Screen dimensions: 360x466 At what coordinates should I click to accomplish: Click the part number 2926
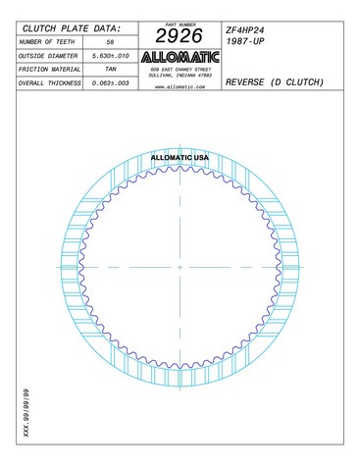(x=180, y=35)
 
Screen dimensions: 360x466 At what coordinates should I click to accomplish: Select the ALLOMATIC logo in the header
(x=180, y=58)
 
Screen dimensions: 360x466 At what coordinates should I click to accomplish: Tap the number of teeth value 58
(x=110, y=42)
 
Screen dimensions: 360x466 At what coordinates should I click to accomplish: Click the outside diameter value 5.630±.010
(x=111, y=56)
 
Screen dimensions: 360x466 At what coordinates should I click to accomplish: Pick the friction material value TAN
(x=111, y=70)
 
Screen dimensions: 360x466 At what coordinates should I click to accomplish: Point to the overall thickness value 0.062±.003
(x=111, y=83)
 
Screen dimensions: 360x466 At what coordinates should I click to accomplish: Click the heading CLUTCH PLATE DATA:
(x=72, y=28)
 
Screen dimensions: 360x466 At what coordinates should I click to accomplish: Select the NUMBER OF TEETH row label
(x=47, y=42)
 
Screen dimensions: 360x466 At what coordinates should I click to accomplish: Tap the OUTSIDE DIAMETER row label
(x=48, y=56)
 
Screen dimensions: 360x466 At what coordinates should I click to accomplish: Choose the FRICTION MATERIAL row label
(x=49, y=70)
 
